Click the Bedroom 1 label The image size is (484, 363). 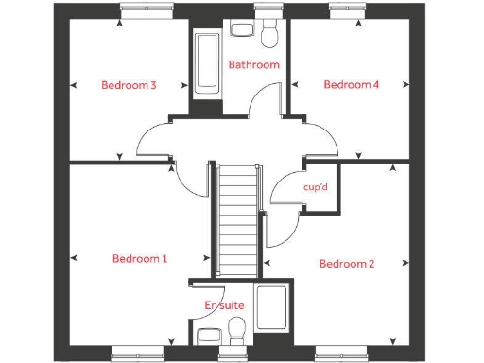[x=140, y=258]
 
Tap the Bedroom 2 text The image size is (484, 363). [x=346, y=263]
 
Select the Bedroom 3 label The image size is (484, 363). [x=129, y=85]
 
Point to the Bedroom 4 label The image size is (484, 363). [x=351, y=84]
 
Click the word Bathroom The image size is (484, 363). [x=253, y=64]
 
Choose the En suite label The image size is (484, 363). [x=223, y=305]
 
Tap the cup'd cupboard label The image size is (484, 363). [x=315, y=187]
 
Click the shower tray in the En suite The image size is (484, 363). [x=274, y=313]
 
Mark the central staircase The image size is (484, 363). [x=235, y=219]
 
